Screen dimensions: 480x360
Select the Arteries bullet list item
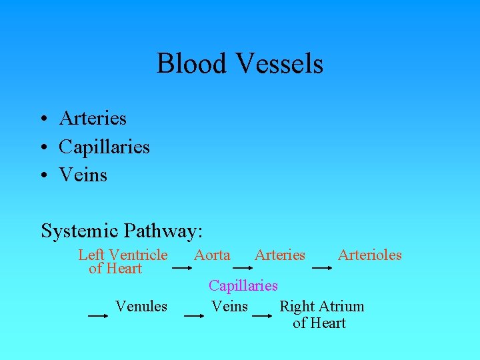coord(93,118)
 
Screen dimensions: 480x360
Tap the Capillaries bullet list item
coord(104,146)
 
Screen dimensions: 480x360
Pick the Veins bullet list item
coord(83,174)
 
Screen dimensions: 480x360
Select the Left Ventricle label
coord(123,255)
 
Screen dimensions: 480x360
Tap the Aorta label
coord(212,255)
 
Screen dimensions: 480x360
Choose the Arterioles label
coord(369,255)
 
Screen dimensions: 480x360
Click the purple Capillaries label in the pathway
coord(243,285)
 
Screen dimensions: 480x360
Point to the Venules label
coord(141,306)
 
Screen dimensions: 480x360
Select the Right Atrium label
coord(321,307)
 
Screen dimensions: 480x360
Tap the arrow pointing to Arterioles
coord(321,268)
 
